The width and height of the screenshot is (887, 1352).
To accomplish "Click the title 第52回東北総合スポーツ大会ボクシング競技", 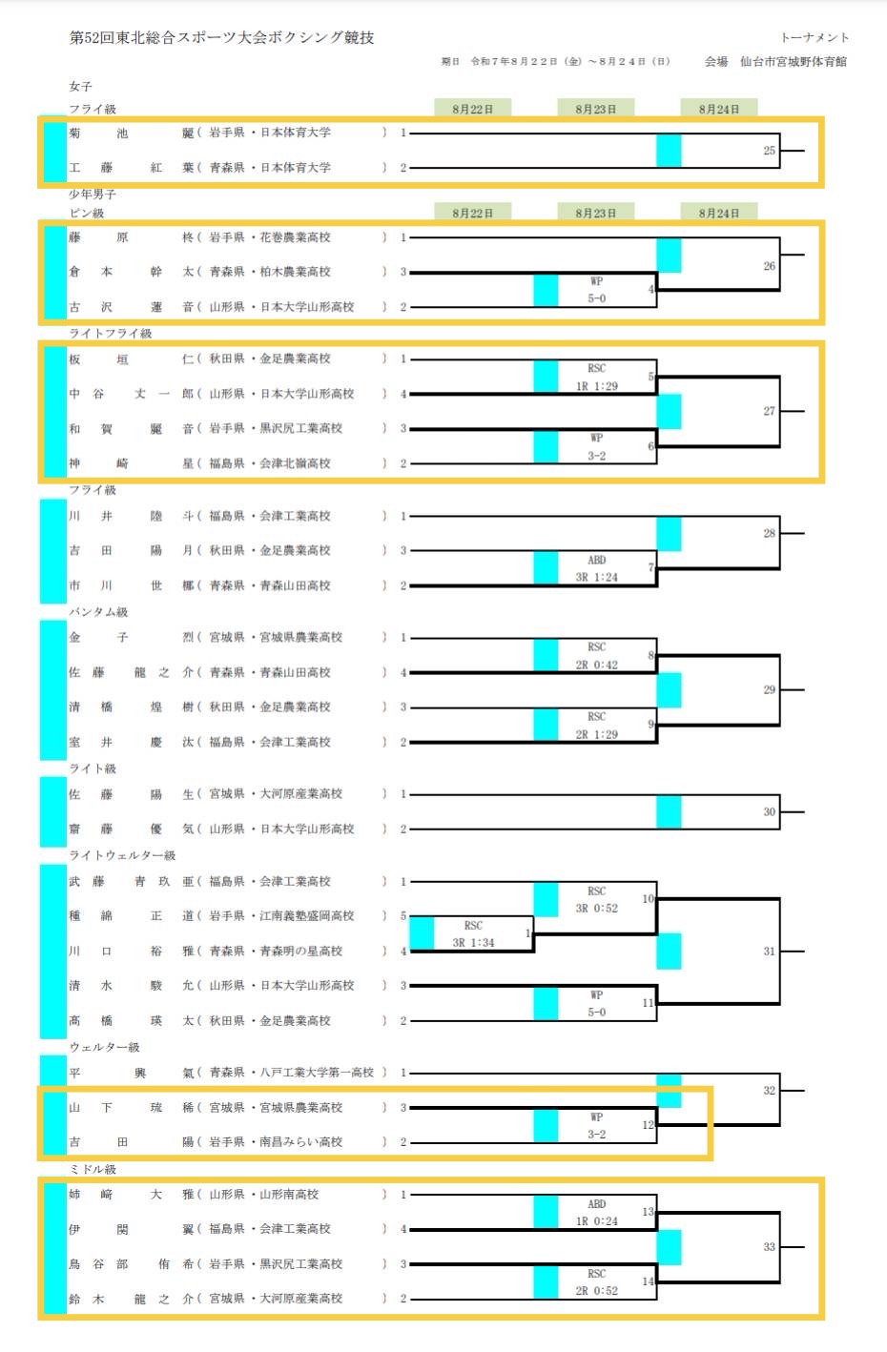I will coord(221,37).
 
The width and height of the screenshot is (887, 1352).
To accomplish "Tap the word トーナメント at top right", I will coord(814,37).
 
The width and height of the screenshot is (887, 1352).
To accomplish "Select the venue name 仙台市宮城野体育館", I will coord(793,61).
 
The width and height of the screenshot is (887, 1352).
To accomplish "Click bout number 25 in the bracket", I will coord(769,151).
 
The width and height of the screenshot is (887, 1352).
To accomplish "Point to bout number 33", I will coord(769,1246).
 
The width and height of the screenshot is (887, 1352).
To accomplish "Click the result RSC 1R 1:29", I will coord(596,378).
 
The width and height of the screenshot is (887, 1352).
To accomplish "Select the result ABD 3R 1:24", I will coord(596,568).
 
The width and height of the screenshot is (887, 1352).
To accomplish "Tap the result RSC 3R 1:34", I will coord(473,934).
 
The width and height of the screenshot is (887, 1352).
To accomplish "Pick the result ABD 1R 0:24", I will coord(596,1213).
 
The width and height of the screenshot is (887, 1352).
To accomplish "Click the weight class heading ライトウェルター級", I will coord(122,855).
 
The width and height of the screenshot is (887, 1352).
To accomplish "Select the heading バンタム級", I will coord(98,612).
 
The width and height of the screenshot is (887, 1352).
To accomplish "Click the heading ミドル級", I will coord(93,1169).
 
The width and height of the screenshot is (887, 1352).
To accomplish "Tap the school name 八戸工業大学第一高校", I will coord(317,1073).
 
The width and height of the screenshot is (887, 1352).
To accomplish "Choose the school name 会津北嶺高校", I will coord(296,463).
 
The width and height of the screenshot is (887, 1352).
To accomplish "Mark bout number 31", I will coord(769,951).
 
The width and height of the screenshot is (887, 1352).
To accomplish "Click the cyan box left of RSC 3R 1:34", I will coord(422,933).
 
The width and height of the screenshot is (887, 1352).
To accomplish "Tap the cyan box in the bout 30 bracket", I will coord(669,812).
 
